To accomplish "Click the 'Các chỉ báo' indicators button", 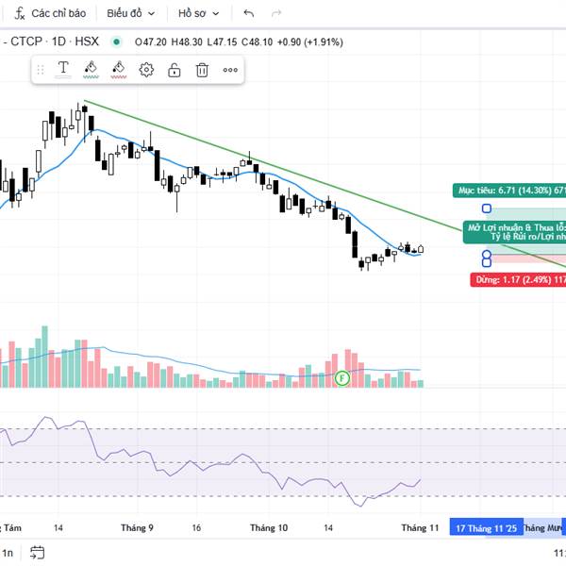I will pyautogui.click(x=51, y=14).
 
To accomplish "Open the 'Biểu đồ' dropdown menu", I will pyautogui.click(x=128, y=14).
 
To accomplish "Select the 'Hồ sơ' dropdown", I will pyautogui.click(x=198, y=14).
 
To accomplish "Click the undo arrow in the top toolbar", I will pyautogui.click(x=249, y=14).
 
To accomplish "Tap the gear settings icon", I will pyautogui.click(x=146, y=69).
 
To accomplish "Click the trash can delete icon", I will pyautogui.click(x=202, y=69).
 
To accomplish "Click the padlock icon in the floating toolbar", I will pyautogui.click(x=175, y=69).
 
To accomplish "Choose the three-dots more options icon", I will pyautogui.click(x=230, y=69).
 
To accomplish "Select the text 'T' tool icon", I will pyautogui.click(x=63, y=68).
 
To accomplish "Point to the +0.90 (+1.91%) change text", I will pyautogui.click(x=310, y=42).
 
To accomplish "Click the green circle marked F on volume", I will pyautogui.click(x=342, y=378).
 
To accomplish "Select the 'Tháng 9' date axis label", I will pyautogui.click(x=138, y=528).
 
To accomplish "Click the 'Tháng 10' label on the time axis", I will pyautogui.click(x=270, y=528).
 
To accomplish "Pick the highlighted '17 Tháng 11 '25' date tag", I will pyautogui.click(x=485, y=528).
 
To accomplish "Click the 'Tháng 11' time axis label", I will pyautogui.click(x=420, y=528).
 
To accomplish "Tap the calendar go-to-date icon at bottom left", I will pyautogui.click(x=37, y=553).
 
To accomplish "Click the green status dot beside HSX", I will pyautogui.click(x=116, y=42).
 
